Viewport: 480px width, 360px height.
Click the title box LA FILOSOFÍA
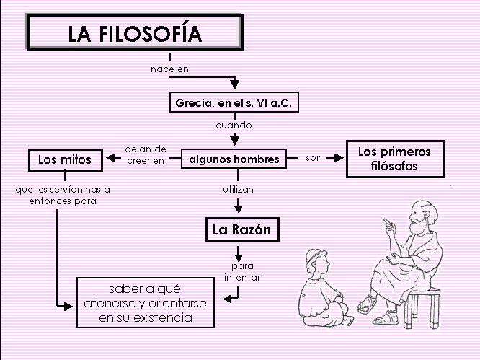(134, 33)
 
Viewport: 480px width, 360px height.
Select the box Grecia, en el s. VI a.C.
(233, 102)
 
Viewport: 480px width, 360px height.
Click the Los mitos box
(64, 159)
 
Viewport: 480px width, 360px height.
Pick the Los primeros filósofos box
(394, 159)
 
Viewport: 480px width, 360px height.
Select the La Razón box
(241, 230)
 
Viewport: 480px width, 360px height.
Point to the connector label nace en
(169, 69)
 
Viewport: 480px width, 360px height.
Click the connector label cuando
(234, 125)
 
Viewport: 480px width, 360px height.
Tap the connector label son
(314, 157)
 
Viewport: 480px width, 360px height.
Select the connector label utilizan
(237, 189)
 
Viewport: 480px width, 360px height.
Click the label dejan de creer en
(146, 155)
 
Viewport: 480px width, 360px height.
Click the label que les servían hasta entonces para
(57, 196)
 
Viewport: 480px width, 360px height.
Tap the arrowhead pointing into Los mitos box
(111, 158)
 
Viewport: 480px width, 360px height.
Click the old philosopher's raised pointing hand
(389, 223)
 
